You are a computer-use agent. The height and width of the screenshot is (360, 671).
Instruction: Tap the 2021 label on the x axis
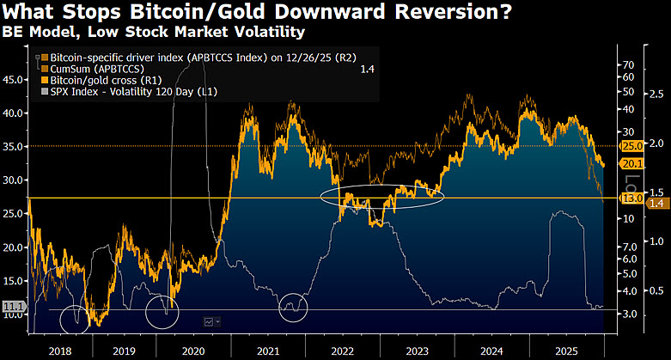pyautogui.click(x=267, y=351)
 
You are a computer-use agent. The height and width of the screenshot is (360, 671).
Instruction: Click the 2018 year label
pyautogui.click(x=60, y=351)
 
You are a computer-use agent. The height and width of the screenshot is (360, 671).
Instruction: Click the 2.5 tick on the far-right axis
pyautogui.click(x=656, y=93)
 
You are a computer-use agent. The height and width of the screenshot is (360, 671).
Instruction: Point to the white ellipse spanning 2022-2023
pyautogui.click(x=382, y=196)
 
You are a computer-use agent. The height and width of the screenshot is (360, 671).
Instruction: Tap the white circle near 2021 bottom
pyautogui.click(x=294, y=307)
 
